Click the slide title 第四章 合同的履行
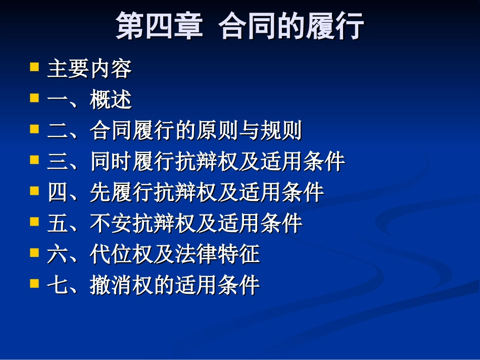pos(239,26)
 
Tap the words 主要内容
pos(89,69)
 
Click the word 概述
pos(111,100)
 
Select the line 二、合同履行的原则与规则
pos(174,131)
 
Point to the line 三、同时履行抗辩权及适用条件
pos(196,162)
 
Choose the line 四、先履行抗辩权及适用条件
pos(185,192)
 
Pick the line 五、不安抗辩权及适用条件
pos(174,223)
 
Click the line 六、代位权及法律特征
pos(153,254)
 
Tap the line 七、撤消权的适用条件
pos(153,285)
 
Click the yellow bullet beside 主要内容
pos(34,67)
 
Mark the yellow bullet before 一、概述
pos(34,97)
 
